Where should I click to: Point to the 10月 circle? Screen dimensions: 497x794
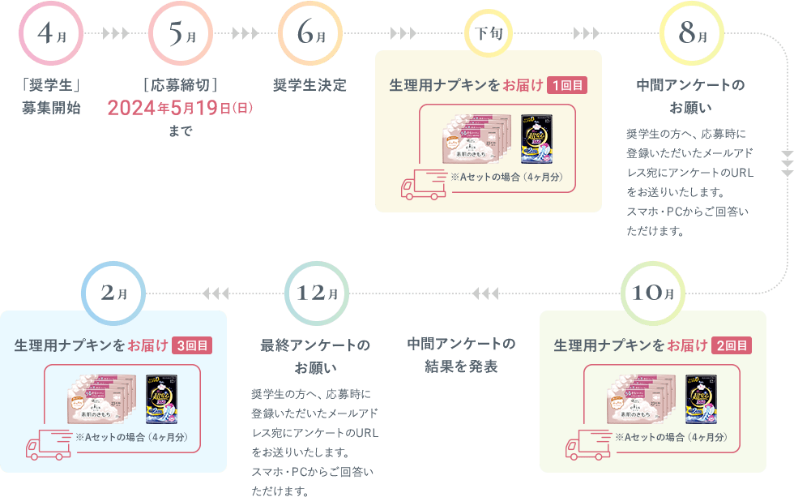[652, 293]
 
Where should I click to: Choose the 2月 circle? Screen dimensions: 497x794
[113, 293]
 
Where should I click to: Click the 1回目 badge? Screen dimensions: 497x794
[567, 85]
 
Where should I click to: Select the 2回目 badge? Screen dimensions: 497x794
[732, 345]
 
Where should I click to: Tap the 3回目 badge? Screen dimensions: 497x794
[192, 345]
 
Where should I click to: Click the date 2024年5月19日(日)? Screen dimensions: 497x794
[180, 107]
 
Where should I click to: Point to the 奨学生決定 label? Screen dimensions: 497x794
[310, 85]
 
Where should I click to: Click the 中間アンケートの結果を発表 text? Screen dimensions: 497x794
[460, 355]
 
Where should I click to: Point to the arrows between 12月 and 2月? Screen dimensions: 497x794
[216, 293]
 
